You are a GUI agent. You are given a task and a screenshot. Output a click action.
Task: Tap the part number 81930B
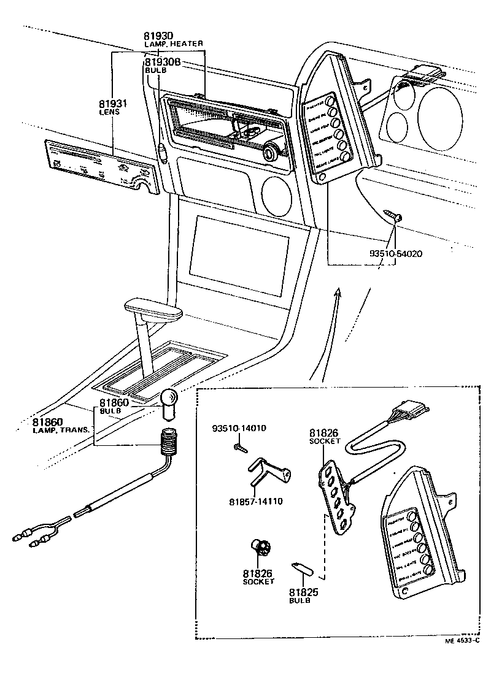click(162, 63)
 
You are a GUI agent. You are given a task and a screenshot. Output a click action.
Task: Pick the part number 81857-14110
click(255, 501)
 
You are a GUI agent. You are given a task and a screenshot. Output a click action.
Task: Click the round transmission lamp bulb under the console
click(169, 399)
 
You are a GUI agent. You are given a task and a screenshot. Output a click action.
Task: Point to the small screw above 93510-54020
click(393, 215)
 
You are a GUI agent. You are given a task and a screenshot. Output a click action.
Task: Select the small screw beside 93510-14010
click(239, 450)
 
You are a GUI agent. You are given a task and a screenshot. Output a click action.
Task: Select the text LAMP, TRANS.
click(61, 431)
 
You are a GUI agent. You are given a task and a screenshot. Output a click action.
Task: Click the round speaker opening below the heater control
click(276, 194)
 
